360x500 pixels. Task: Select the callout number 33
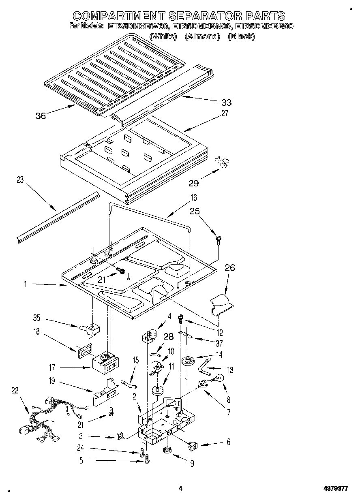226,103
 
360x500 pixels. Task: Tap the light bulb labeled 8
221,378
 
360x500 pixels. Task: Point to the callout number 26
229,268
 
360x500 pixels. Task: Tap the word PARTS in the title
265,16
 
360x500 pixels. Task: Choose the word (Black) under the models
242,36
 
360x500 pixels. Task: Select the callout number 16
194,198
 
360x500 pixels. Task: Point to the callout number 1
25,285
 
